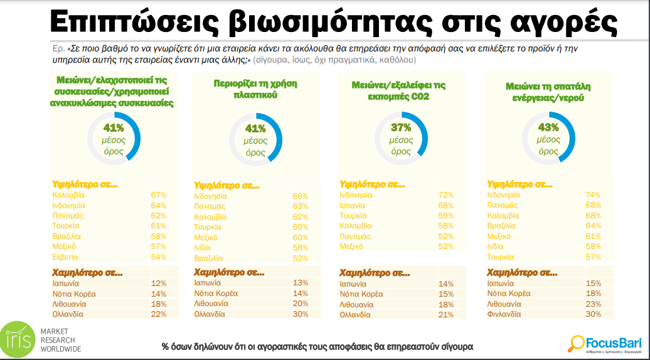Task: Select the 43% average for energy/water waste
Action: pyautogui.click(x=548, y=128)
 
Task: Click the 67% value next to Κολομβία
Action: pyautogui.click(x=159, y=195)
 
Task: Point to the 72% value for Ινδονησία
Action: pyautogui.click(x=445, y=195)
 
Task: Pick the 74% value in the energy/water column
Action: pyautogui.click(x=593, y=195)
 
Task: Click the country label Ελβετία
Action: pyautogui.click(x=66, y=257)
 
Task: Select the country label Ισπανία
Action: pyautogui.click(x=353, y=205)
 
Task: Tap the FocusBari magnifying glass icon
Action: pyautogui.click(x=575, y=342)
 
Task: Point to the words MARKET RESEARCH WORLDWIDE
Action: pyautogui.click(x=60, y=339)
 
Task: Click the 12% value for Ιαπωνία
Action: pyautogui.click(x=159, y=283)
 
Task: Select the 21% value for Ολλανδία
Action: pyautogui.click(x=445, y=314)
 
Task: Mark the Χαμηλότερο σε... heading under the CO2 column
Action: pyautogui.click(x=371, y=273)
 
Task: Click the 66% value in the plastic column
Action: pyautogui.click(x=301, y=196)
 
